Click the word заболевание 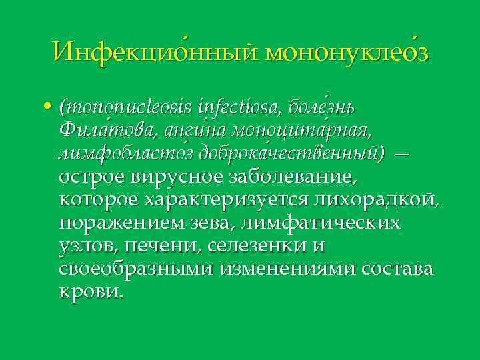[293, 178]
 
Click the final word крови [91, 293]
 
